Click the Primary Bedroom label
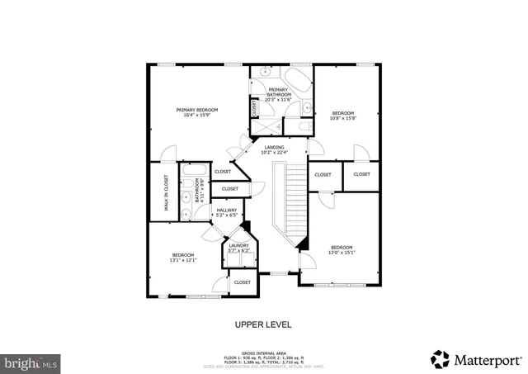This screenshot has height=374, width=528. click(196, 112)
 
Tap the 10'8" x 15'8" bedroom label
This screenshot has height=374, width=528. click(342, 116)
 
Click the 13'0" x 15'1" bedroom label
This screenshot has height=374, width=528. click(342, 250)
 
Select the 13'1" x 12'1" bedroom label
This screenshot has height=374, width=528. click(183, 258)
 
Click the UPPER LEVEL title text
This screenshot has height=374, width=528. click(263, 324)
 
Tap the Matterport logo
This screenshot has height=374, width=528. click(476, 359)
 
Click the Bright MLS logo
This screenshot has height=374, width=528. click(31, 362)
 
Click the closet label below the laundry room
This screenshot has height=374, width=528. click(242, 282)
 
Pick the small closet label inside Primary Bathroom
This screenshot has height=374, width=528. click(255, 107)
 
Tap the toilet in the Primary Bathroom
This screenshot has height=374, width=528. click(306, 107)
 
